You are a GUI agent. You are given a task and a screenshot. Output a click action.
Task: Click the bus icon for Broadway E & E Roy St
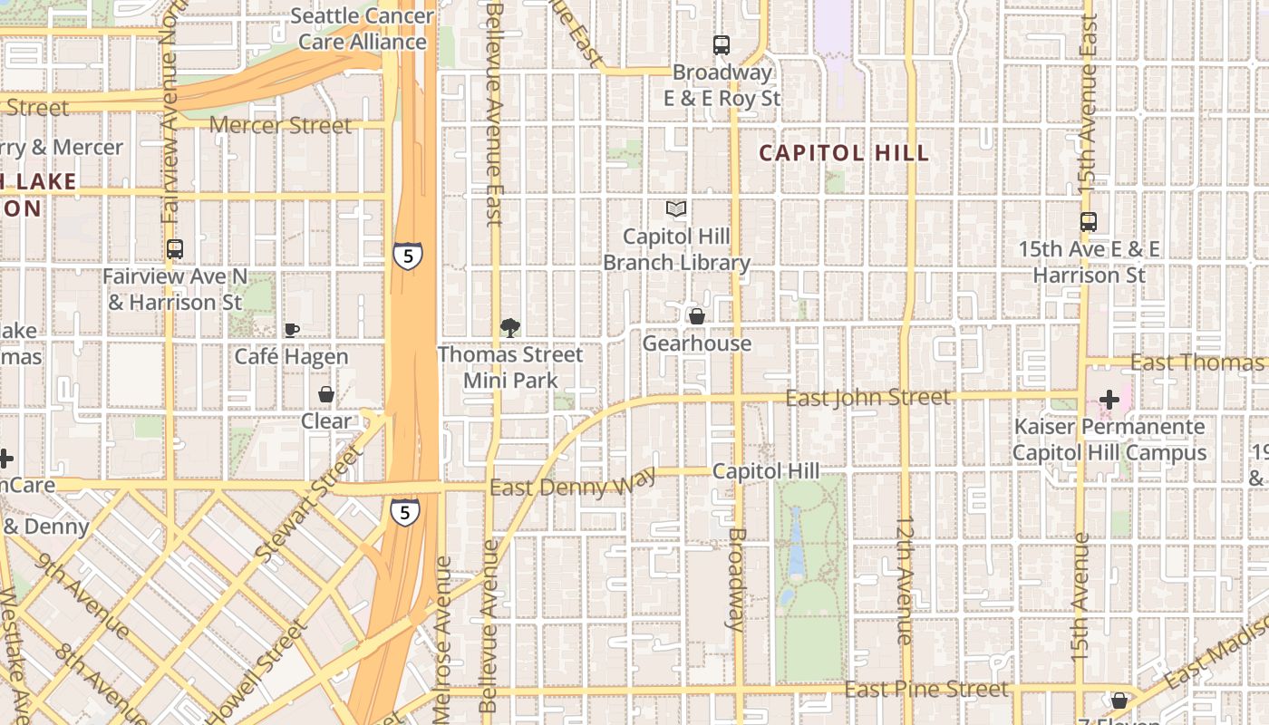(x=722, y=44)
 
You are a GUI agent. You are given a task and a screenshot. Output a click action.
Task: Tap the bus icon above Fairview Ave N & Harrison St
(x=175, y=248)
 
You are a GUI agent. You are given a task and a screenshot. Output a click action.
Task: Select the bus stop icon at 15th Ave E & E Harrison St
(x=1089, y=221)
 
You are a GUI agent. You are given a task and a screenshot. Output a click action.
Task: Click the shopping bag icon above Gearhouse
(x=697, y=316)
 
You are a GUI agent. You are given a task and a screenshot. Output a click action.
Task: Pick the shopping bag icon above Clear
(x=326, y=394)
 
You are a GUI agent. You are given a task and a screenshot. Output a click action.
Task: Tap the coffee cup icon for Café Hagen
(x=291, y=330)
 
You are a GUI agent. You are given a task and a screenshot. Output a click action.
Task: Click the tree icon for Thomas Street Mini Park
(x=510, y=327)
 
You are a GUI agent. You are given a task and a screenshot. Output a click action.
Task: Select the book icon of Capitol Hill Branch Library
(x=676, y=209)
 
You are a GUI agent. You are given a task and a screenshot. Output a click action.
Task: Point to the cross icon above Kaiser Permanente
(x=1109, y=399)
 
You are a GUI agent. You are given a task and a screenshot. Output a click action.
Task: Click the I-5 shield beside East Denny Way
(x=405, y=513)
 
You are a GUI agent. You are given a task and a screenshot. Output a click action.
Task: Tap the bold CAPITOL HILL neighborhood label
(x=844, y=153)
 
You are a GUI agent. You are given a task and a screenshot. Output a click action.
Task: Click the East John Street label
(x=867, y=397)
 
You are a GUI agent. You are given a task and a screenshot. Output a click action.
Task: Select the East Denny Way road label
(x=572, y=487)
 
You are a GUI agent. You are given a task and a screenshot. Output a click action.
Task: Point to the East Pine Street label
(x=925, y=690)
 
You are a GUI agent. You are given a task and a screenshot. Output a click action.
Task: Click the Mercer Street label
(x=281, y=125)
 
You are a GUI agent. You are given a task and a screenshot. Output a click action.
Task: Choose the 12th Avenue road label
(x=905, y=580)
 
